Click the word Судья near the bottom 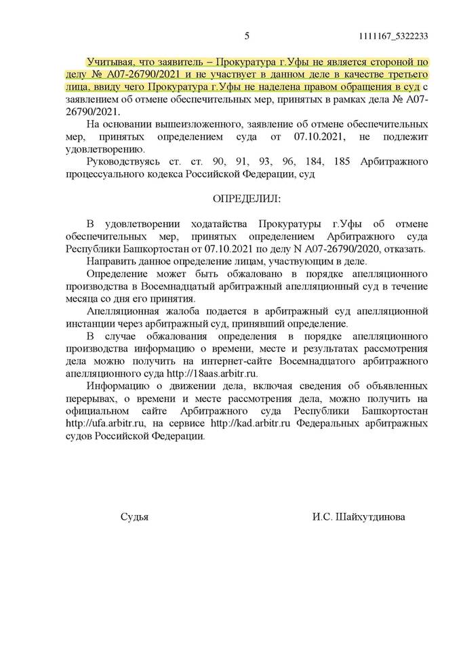[134, 517]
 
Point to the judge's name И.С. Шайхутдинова [369, 517]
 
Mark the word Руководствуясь [123, 163]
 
